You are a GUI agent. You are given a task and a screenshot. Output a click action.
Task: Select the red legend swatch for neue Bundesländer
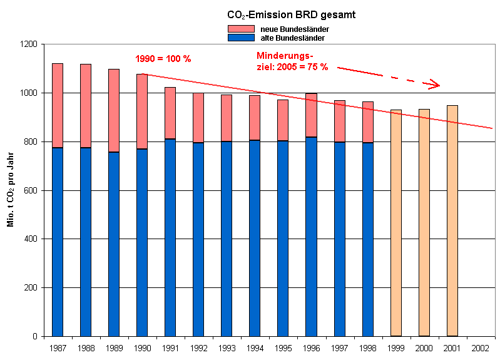coord(240,29)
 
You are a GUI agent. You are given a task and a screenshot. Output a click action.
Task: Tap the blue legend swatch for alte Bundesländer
coord(240,38)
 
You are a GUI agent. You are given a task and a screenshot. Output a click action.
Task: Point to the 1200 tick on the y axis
coord(29,44)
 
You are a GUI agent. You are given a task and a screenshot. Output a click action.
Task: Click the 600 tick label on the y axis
coord(31,190)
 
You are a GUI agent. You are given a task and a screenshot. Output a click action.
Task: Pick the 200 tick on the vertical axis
coord(31,288)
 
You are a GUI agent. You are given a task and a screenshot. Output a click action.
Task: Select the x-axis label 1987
coord(58,347)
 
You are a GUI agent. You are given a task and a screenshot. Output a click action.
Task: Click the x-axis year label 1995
coord(283,347)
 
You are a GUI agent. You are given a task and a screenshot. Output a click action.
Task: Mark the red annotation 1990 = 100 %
coord(163,59)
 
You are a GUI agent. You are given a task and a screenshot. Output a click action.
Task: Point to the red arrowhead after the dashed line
coord(434,84)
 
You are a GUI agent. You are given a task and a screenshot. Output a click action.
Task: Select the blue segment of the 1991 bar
coord(170,238)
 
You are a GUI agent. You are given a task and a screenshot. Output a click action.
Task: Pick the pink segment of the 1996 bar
coord(311,115)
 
